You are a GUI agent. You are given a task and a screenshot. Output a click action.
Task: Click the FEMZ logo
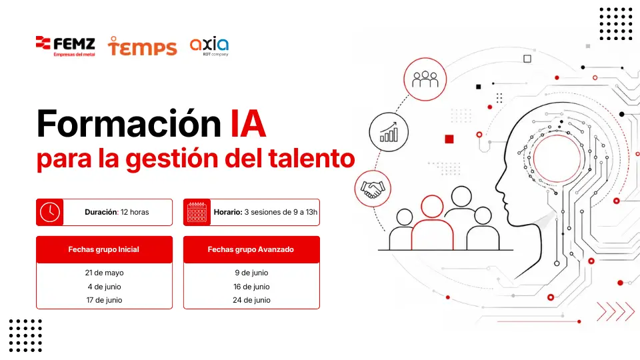pos(66,47)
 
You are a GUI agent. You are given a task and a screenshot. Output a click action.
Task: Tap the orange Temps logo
pos(142,46)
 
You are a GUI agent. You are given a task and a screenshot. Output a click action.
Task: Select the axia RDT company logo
pos(209,47)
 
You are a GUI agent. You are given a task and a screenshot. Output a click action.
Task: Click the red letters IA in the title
pos(248,123)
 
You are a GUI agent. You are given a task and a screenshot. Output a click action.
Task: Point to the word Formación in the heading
pos(129,123)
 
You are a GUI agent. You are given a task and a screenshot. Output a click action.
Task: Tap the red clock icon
pos(50,212)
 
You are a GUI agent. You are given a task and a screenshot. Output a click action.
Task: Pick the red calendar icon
pos(197,212)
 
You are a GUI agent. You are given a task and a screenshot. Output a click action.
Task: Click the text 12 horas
pos(135,212)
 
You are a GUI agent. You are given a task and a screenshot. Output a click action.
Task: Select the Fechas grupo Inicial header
pos(104,249)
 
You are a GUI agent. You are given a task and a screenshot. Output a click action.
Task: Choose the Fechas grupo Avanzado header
pos(251,249)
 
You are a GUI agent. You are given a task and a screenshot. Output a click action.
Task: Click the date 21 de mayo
pos(104,273)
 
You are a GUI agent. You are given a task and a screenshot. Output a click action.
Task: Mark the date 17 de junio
pos(104,300)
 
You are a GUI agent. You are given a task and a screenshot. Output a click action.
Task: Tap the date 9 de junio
pos(251,273)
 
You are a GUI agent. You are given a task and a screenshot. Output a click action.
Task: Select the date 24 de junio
pos(251,300)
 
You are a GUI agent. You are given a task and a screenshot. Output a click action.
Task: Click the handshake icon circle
pos(373,189)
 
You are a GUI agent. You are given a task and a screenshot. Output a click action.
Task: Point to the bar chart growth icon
pos(389,132)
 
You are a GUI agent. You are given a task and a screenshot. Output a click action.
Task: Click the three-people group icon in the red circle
pos(425,79)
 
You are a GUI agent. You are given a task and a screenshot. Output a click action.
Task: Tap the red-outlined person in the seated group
pos(432,223)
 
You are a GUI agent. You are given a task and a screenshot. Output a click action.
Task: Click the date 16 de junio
pos(251,287)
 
